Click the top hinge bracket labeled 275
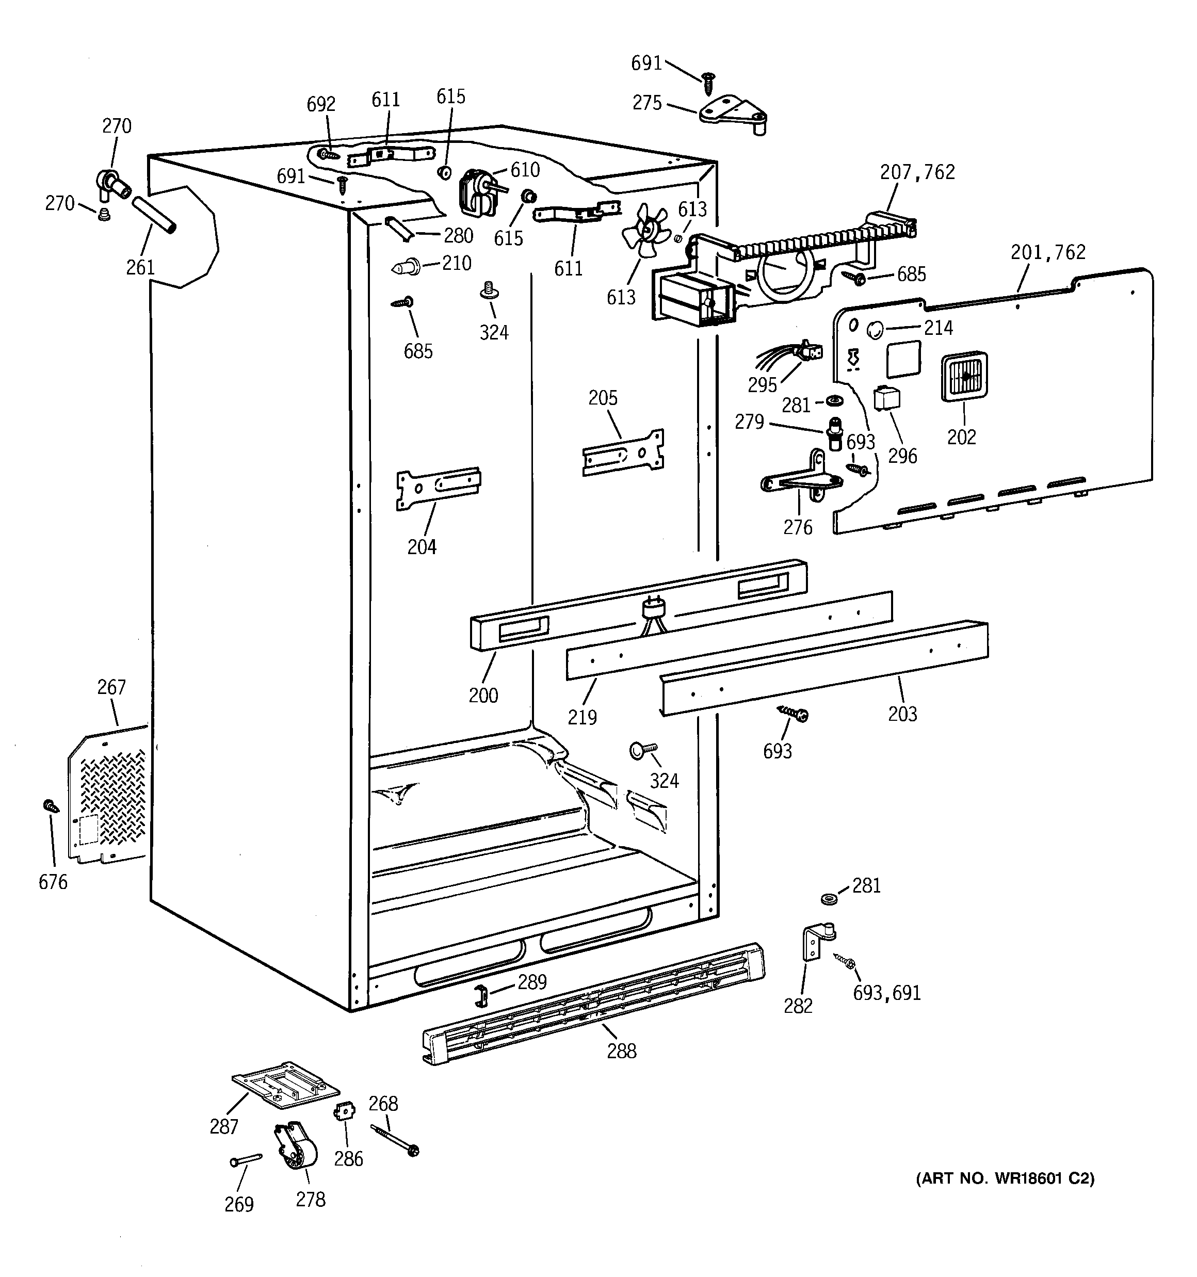tap(734, 114)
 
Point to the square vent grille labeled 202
tap(964, 377)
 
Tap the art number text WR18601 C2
tap(1004, 1178)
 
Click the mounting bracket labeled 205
tap(623, 453)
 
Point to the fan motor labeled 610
tap(477, 191)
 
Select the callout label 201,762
tap(1047, 252)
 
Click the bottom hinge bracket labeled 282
tap(817, 941)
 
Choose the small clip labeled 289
tap(480, 996)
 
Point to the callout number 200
tap(483, 695)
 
